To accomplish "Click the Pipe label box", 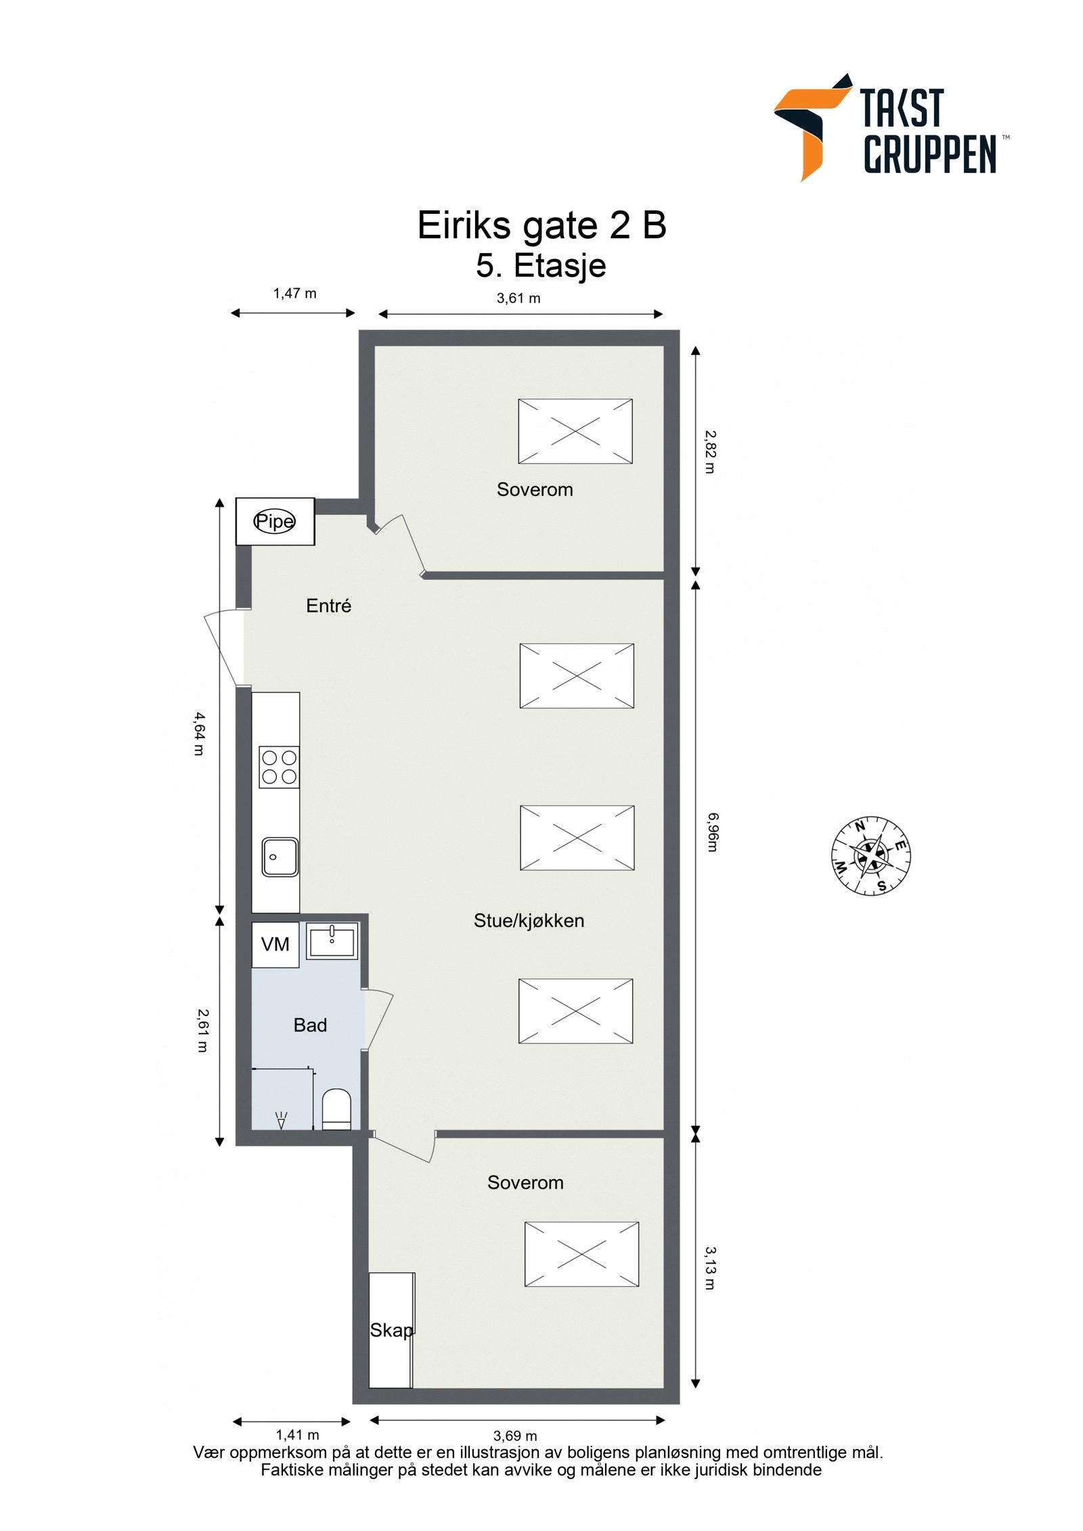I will coord(274,521).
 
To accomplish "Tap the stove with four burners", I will coord(279,767).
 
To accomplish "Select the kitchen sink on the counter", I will coord(280,856).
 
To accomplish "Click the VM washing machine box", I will coord(275,944).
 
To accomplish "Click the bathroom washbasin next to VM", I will coord(332,941).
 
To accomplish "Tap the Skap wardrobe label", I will coord(391,1330).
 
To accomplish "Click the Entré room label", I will coord(328,605).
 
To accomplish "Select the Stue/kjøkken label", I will coord(529,920).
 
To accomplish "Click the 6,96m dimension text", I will coord(711,833).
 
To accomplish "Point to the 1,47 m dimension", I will coord(294,293).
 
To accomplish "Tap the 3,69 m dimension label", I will coord(515,1436).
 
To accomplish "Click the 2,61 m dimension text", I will coord(202,1030).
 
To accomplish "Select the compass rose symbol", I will coord(870,856).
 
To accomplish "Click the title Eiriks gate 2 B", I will coord(541,225).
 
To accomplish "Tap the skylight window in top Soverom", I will coord(575,431).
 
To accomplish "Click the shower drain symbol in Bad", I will coord(282,1120).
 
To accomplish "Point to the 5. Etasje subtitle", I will coord(541,265).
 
